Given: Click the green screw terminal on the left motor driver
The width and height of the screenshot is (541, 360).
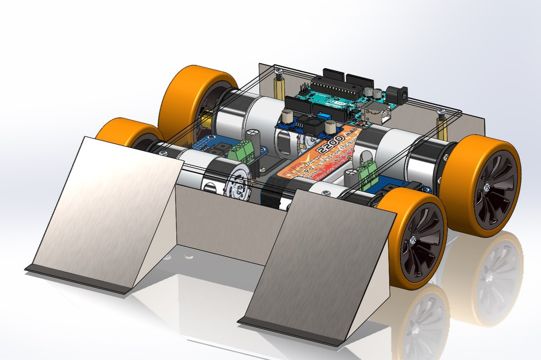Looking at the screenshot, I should point(245,149).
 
